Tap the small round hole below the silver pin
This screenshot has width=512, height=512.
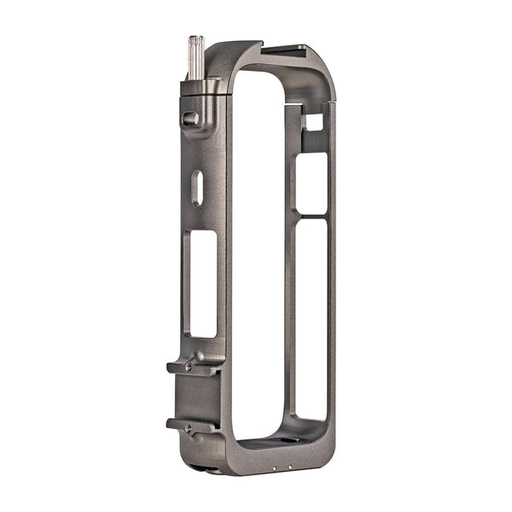[190, 119]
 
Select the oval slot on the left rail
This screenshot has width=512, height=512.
[197, 188]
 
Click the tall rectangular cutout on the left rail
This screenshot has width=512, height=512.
[203, 283]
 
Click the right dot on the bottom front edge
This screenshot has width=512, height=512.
[291, 468]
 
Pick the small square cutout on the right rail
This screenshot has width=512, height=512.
[313, 122]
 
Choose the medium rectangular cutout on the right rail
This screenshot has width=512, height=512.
[311, 183]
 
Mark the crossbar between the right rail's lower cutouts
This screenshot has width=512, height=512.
[311, 217]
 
